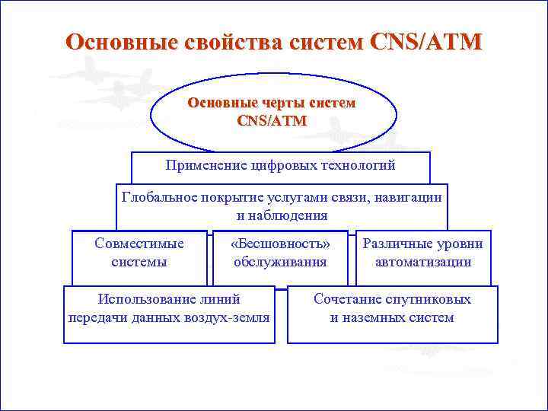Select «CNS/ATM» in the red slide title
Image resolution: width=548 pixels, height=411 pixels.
pyautogui.click(x=425, y=42)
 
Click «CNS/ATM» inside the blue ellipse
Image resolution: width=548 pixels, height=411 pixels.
pyautogui.click(x=272, y=120)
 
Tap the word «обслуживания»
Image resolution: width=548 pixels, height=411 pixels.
pyautogui.click(x=280, y=262)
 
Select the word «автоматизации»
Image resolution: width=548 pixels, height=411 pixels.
pyautogui.click(x=423, y=262)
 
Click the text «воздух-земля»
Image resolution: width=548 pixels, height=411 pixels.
pyautogui.click(x=230, y=317)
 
